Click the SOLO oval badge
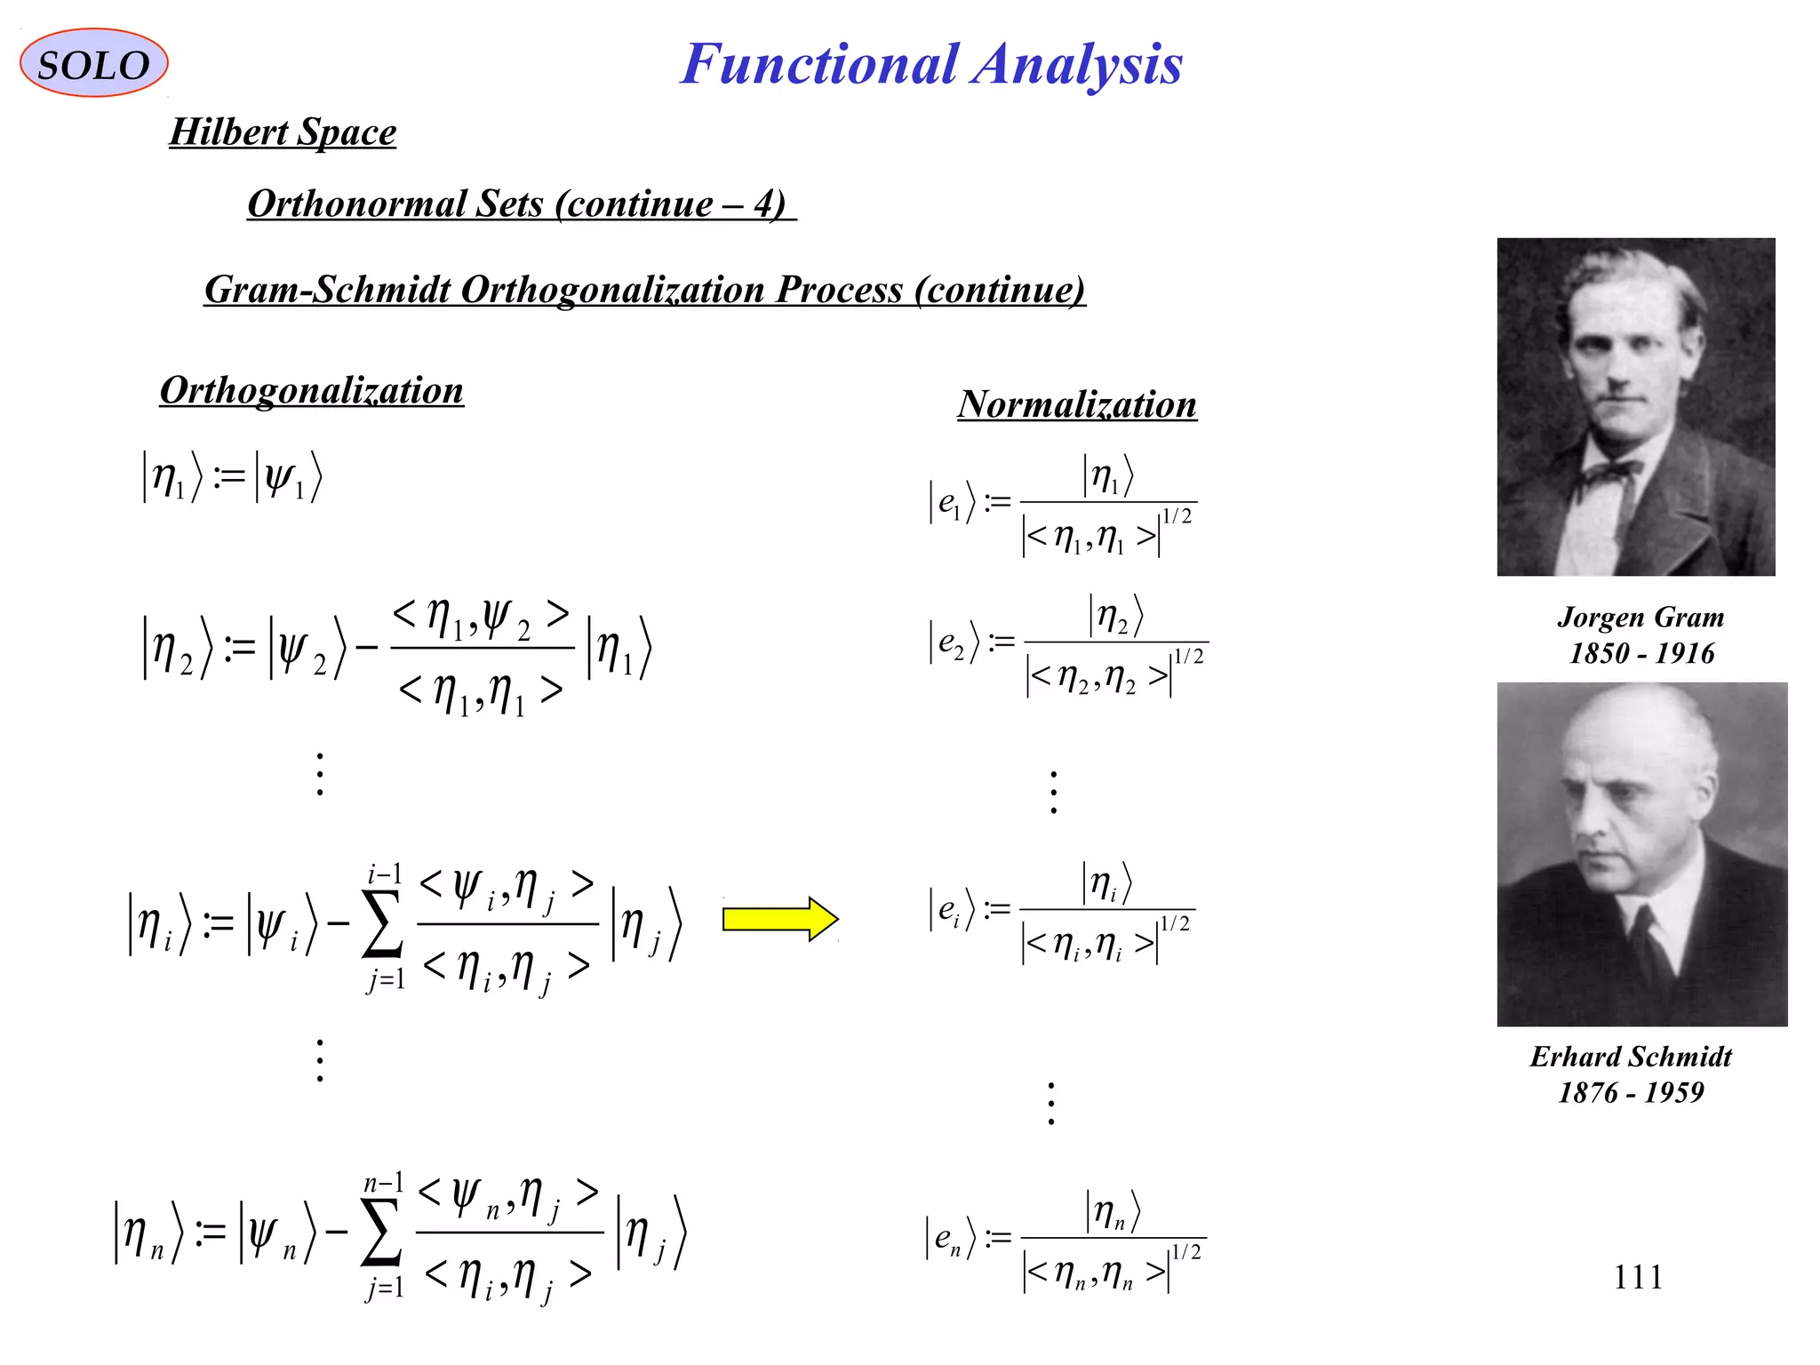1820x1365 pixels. (x=93, y=63)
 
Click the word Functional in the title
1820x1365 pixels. (x=818, y=65)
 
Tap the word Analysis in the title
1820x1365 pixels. (x=1077, y=65)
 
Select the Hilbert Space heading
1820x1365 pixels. (x=283, y=132)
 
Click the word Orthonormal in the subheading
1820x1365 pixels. (x=355, y=204)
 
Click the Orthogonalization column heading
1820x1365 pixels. (x=311, y=391)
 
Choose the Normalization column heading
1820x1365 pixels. (x=1077, y=405)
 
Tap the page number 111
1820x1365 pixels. (x=1638, y=1277)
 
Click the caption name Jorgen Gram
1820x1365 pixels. (x=1640, y=617)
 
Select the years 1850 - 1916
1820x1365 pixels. (x=1640, y=653)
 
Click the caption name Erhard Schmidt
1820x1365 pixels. (x=1631, y=1057)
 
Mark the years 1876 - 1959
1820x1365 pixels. (x=1631, y=1092)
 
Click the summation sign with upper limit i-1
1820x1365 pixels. (x=382, y=926)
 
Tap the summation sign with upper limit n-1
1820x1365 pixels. (x=381, y=1235)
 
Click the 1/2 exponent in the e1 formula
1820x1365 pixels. (x=1177, y=516)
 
